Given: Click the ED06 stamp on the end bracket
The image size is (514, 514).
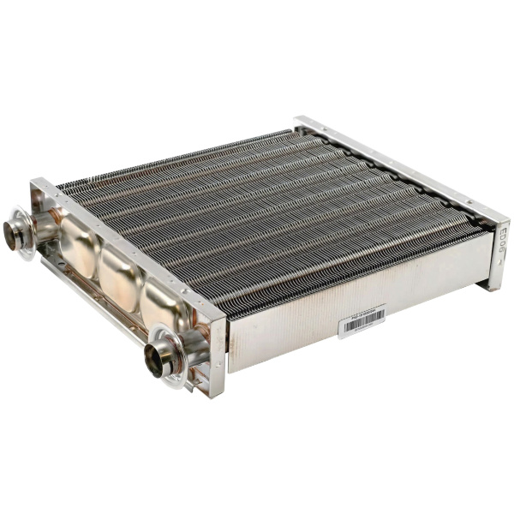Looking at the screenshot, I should (497, 241).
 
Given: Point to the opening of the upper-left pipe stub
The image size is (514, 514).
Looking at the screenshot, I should (13, 233).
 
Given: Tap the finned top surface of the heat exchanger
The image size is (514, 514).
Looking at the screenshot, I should (266, 214).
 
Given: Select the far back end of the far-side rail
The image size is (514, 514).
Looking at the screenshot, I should (300, 121).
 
